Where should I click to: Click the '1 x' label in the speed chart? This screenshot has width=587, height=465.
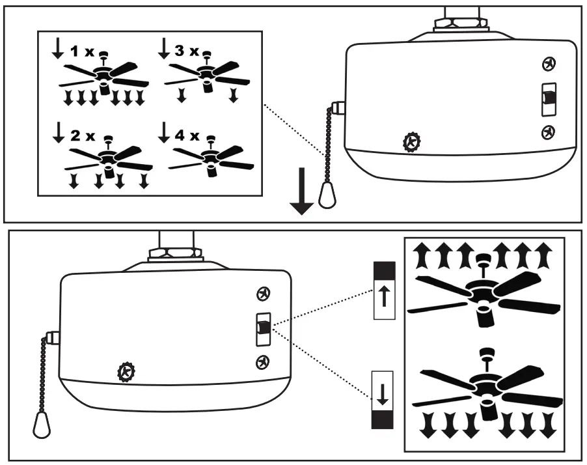pos(83,49)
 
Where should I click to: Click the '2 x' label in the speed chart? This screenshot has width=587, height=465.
pos(82,136)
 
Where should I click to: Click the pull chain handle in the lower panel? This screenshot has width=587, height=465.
pos(41,427)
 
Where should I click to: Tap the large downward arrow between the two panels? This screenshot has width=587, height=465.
pos(302,191)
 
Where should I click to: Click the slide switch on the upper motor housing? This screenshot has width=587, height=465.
pos(548,98)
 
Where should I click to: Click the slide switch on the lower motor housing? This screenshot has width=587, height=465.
pos(263,328)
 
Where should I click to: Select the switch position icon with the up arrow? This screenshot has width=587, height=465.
pos(384,290)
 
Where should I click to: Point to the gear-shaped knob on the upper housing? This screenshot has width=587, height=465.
pos(411,141)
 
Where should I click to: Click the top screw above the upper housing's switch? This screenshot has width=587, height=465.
pos(549,64)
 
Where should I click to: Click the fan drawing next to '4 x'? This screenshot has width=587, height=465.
pos(211,160)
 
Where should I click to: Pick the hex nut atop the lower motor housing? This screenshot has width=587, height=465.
pos(172,253)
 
